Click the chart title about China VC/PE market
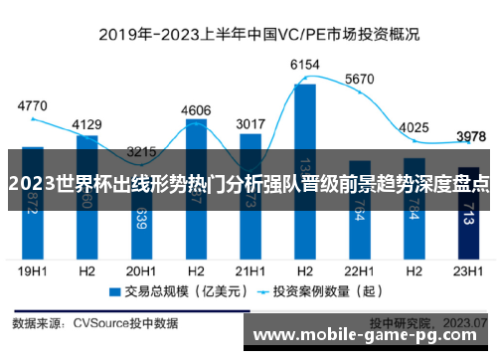(248, 33)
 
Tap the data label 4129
(86, 124)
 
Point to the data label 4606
(196, 110)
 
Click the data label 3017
(249, 124)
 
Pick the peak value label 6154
(304, 65)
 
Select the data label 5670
(359, 79)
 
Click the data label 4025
(413, 127)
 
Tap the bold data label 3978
(468, 136)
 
